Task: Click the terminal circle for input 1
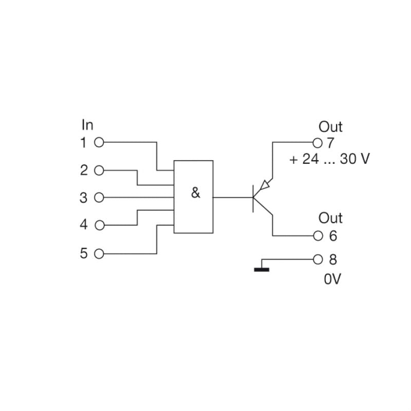(x=100, y=142)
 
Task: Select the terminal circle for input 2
(x=100, y=170)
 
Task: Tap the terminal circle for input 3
(x=100, y=197)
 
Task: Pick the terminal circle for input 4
(x=100, y=225)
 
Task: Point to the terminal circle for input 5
(x=100, y=254)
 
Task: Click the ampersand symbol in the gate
(x=195, y=194)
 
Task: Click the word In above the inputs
(x=87, y=125)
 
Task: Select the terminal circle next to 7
(x=317, y=142)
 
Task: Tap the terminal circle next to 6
(x=317, y=236)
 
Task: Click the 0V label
(x=332, y=279)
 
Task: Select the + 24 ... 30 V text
(x=329, y=159)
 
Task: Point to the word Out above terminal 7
(x=330, y=126)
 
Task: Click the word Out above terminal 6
(x=330, y=218)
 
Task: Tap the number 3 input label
(x=84, y=198)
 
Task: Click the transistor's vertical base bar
(x=253, y=197)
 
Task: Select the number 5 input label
(x=84, y=254)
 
